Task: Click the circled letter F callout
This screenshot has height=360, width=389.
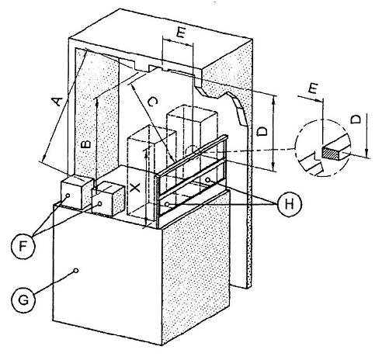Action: pos(23,247)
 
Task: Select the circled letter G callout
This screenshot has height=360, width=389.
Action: pos(23,300)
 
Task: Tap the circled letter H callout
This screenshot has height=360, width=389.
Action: pos(289,204)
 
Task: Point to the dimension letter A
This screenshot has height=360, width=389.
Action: pos(57,101)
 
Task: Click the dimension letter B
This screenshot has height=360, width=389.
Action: pos(86,144)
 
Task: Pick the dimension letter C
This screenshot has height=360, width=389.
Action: pos(152,102)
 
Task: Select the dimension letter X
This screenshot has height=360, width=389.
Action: pos(135,188)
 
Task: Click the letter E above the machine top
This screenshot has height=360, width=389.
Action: pos(180,33)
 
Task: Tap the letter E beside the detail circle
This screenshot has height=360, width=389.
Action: pos(313,88)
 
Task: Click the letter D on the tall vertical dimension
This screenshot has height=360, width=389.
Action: pos(262,131)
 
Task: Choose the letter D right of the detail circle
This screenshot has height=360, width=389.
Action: pos(356,119)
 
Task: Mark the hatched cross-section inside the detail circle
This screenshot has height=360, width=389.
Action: pos(331,153)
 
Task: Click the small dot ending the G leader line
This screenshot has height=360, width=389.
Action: pos(76,271)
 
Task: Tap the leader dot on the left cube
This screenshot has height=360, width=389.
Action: pos(68,196)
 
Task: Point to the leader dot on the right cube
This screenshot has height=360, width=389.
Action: pos(99,203)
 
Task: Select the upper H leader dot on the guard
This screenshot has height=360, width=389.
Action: pos(207,179)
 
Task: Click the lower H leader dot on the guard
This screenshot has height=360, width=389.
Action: pos(168,204)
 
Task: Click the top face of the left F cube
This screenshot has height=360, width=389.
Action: pos(77,178)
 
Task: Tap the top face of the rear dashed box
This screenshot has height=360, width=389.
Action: pos(193,111)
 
